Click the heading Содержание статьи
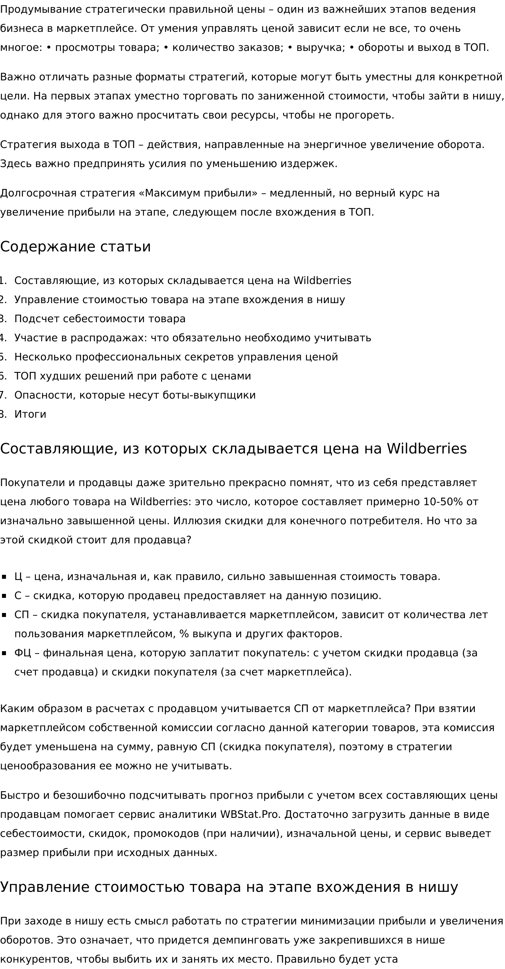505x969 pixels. [76, 247]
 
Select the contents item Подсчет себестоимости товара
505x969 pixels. [100, 319]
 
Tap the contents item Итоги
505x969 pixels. [30, 414]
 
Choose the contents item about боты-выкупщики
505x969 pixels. [135, 395]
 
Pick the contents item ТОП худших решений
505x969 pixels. [132, 376]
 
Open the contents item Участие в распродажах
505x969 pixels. [192, 338]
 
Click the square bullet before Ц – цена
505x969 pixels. [4, 577]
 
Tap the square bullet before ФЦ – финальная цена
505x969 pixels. [4, 653]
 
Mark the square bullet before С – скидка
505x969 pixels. [4, 596]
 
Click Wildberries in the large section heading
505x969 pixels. [427, 448]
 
